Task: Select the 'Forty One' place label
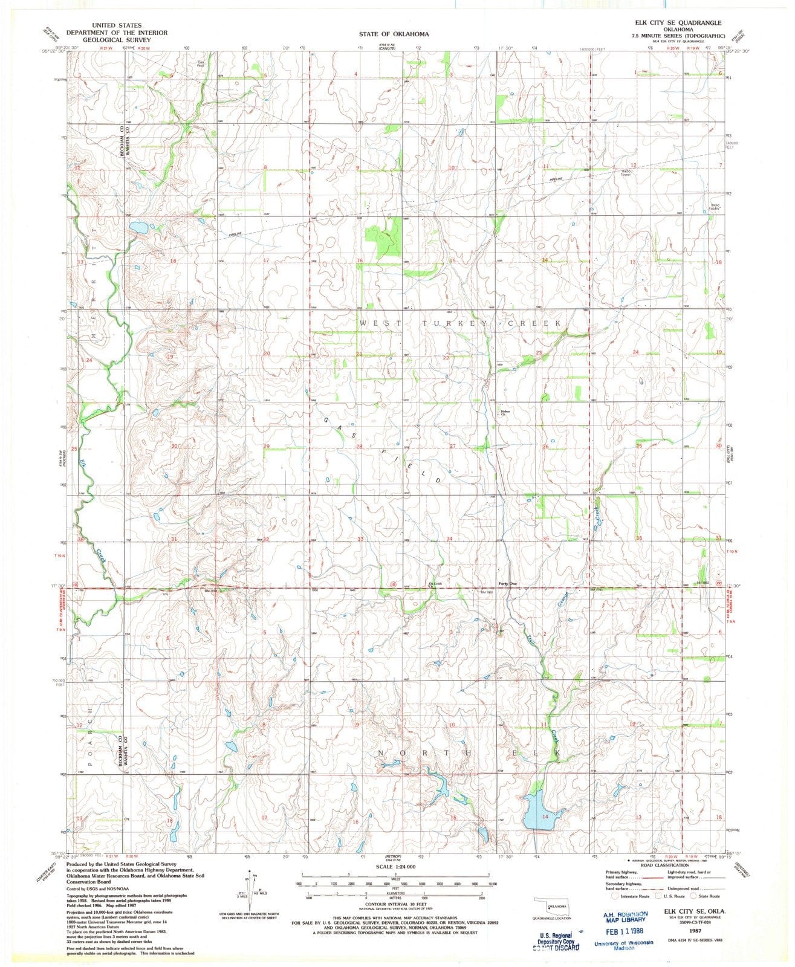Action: pos(507,583)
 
